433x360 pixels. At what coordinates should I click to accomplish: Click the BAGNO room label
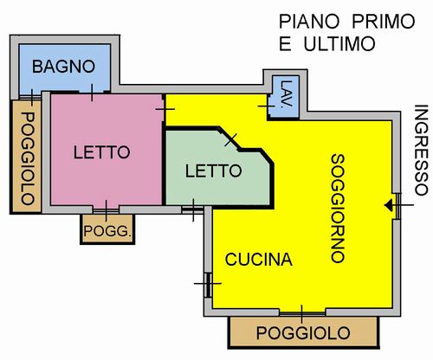coord(63,67)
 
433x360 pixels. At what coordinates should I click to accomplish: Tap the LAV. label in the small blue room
coord(287,94)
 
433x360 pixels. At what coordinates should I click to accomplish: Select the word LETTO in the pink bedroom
coord(102,152)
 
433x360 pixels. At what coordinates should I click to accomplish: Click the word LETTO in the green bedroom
coord(213,170)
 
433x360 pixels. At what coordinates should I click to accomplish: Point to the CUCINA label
coord(259,260)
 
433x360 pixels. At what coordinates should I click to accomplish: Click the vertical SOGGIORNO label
coord(338,209)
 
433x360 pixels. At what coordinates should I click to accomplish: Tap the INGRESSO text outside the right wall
coord(421,150)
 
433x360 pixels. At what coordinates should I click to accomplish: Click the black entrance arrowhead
coord(389,205)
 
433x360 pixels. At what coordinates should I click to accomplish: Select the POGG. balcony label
coord(107,231)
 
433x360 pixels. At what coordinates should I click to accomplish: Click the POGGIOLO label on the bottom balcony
coord(303,333)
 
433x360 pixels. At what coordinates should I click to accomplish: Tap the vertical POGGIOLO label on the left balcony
coord(28,158)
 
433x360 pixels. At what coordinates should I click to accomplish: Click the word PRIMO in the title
coord(384,22)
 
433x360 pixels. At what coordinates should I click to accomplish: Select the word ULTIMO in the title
coord(339,44)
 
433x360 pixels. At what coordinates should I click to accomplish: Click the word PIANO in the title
coord(309,22)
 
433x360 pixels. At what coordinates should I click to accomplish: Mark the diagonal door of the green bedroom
coord(230,140)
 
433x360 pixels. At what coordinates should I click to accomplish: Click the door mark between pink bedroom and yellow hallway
coord(165,109)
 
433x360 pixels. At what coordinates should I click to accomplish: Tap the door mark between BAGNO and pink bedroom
coord(92,93)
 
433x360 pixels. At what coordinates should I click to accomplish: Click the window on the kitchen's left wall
coord(208,284)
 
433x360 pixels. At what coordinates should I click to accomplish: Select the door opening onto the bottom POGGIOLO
coord(302,313)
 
